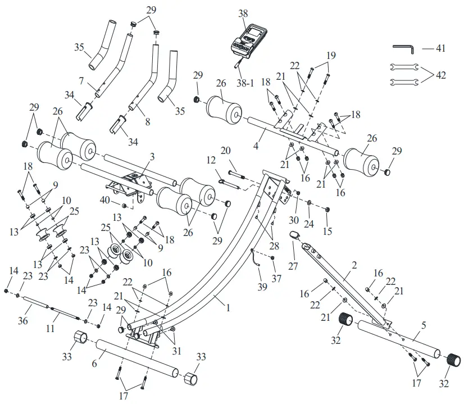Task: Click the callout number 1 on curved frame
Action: (x=228, y=308)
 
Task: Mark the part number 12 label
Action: (x=212, y=160)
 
